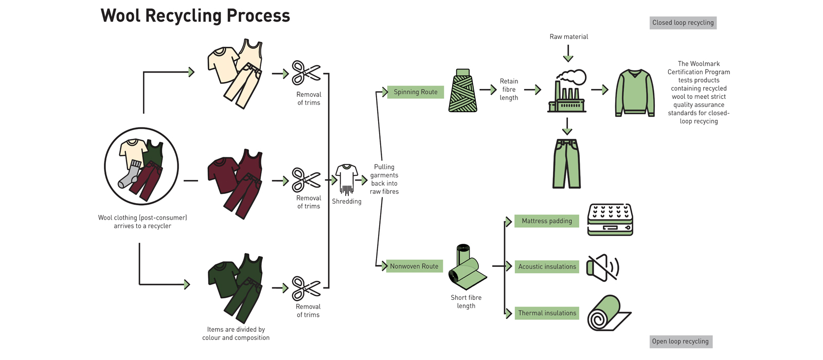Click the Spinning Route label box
(415, 92)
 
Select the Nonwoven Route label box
(414, 266)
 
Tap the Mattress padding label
(547, 221)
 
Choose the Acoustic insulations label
(547, 266)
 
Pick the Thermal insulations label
(547, 313)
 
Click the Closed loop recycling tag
(683, 23)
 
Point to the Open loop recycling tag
(681, 341)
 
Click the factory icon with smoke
(567, 92)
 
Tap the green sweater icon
(635, 93)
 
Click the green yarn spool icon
(463, 91)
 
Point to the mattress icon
(610, 220)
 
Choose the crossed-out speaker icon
(602, 267)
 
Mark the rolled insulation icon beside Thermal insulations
(609, 313)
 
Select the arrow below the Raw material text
(568, 53)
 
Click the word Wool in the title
(121, 15)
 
